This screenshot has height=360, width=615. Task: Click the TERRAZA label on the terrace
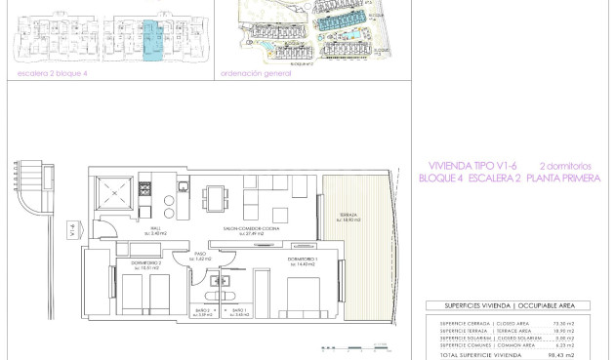(348, 216)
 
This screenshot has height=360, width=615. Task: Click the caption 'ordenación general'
(256, 73)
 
